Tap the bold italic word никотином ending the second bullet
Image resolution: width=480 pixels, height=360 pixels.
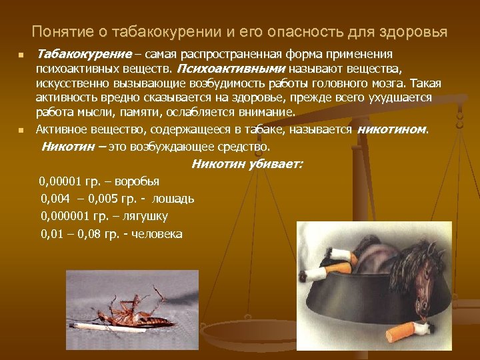click(391, 129)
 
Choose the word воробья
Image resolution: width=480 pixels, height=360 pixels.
click(137, 181)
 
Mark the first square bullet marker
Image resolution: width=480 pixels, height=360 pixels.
click(22, 55)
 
